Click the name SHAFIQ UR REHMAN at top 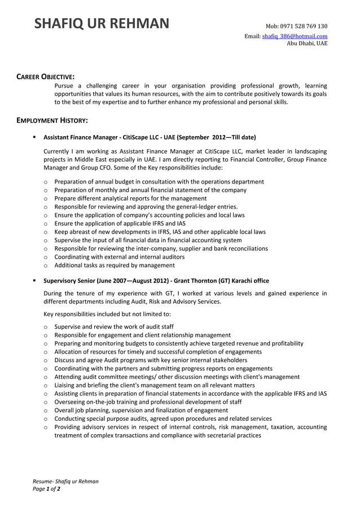(x=102, y=24)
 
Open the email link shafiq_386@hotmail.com (x=294, y=36)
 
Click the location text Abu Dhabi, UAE (x=307, y=43)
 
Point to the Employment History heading (x=51, y=120)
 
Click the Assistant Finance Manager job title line (x=150, y=137)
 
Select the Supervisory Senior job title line (x=156, y=281)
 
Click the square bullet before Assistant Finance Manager (x=34, y=137)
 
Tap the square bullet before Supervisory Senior (x=34, y=281)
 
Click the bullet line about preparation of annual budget (x=159, y=182)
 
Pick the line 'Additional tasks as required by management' (x=115, y=265)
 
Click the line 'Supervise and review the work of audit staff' (x=114, y=326)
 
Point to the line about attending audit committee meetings (x=177, y=377)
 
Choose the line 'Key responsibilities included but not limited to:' (x=107, y=313)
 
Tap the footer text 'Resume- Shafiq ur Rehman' (x=65, y=481)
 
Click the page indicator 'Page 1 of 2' (x=46, y=489)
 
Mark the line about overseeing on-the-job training (x=148, y=402)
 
